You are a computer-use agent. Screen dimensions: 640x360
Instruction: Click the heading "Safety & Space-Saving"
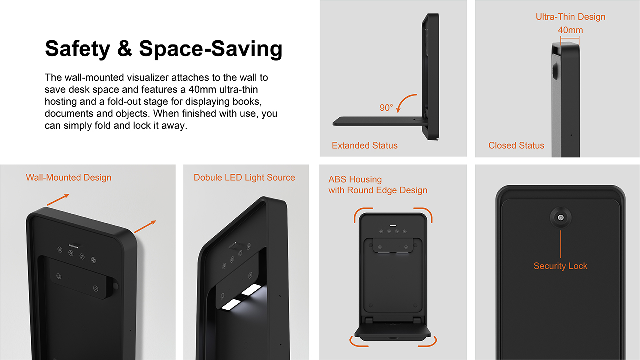click(x=163, y=49)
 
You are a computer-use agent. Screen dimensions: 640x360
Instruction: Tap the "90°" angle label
click(x=386, y=108)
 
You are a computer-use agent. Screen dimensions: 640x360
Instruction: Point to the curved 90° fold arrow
click(x=405, y=100)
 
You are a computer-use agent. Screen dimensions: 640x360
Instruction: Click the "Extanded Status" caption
click(x=365, y=145)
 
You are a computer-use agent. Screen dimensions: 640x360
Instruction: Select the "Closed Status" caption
click(x=516, y=145)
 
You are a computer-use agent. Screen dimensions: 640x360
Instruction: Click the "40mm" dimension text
click(x=570, y=30)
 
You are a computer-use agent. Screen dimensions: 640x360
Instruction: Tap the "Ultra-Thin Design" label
click(x=570, y=17)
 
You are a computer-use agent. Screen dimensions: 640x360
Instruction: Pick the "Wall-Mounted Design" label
click(x=69, y=177)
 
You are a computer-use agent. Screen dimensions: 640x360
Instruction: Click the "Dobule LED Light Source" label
click(x=244, y=177)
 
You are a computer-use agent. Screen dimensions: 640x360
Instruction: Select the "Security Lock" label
click(x=560, y=266)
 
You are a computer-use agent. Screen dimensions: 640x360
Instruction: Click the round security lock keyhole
click(x=561, y=218)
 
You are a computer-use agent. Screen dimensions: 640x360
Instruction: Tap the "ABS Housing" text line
click(x=355, y=179)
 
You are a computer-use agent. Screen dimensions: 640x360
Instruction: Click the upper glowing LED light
click(x=251, y=290)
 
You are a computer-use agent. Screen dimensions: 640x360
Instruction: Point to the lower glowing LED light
click(x=231, y=305)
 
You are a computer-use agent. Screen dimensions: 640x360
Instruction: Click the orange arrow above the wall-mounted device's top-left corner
click(x=58, y=200)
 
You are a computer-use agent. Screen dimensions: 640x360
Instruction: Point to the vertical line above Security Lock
click(x=560, y=244)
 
